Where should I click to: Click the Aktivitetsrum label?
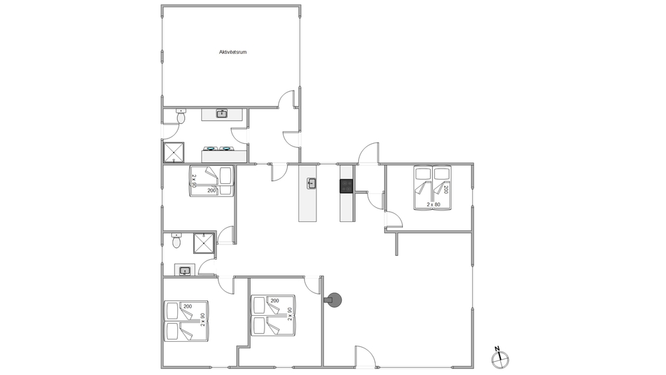pos(232,52)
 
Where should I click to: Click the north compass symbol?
pos(500,359)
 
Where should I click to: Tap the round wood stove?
pos(334,300)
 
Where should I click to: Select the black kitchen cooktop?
pos(346,186)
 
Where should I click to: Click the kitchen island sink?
pos(312,183)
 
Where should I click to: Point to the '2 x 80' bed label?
pos(434,204)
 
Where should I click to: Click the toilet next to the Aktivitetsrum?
pos(181,116)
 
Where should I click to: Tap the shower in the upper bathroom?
pos(174,152)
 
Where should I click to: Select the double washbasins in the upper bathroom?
pos(218,149)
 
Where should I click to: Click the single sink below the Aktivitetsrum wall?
pos(222,113)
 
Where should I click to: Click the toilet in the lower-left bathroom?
pos(176,240)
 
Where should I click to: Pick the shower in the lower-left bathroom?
pos(204,243)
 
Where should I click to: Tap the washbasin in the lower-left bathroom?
pos(184,270)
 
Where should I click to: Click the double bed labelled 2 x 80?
pos(432,187)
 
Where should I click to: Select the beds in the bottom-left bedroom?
pos(186,320)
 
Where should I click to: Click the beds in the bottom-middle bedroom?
pos(273,315)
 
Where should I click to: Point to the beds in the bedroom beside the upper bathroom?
pos(212,181)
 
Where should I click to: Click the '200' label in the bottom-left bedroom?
pos(188,306)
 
